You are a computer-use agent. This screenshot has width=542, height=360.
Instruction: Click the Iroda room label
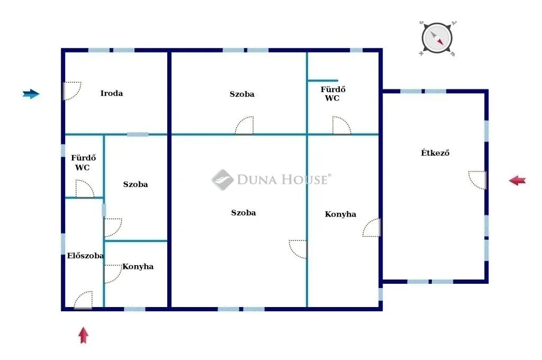(112, 94)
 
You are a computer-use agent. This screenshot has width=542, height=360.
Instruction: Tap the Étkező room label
(435, 153)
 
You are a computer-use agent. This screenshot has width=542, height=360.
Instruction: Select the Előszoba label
(85, 256)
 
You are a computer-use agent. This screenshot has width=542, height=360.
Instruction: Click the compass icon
(437, 39)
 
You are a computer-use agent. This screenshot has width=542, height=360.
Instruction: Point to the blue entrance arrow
(31, 94)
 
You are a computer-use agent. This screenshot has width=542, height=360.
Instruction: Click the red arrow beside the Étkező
(517, 181)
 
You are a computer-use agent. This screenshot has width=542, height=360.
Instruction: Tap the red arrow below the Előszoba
(83, 335)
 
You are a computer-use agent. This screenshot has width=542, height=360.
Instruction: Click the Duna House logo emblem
(222, 179)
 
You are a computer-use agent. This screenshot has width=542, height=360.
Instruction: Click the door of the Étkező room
(478, 180)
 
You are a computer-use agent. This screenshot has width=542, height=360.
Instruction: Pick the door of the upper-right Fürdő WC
(341, 126)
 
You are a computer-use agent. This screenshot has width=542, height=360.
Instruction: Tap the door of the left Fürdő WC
(84, 189)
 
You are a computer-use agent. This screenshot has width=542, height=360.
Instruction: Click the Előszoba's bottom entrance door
(83, 300)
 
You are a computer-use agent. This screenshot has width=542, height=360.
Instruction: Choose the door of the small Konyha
(112, 274)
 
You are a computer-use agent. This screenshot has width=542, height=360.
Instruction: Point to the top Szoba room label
(242, 94)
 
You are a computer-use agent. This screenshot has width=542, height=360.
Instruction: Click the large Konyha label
(340, 214)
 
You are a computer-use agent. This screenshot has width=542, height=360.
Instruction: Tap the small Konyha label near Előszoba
(138, 266)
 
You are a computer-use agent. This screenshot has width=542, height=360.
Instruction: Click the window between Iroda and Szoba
(138, 134)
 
